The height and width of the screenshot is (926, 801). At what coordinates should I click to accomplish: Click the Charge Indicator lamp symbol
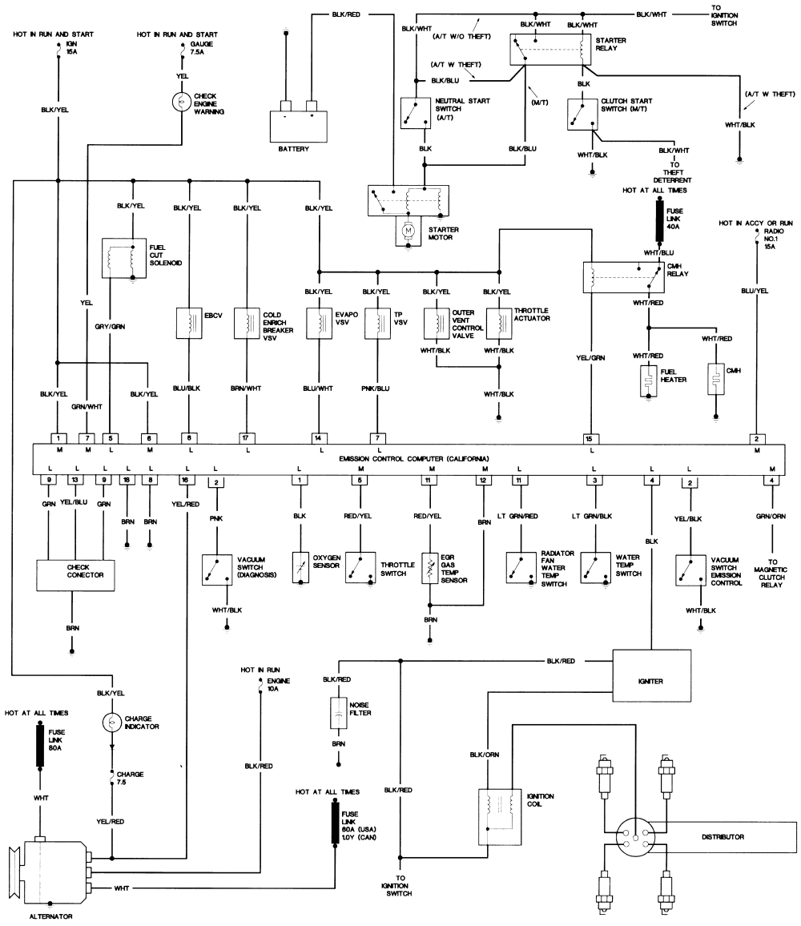click(111, 722)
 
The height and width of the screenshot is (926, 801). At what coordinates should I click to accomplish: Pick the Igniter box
click(651, 680)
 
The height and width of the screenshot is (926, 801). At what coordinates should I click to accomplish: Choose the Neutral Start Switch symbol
click(416, 114)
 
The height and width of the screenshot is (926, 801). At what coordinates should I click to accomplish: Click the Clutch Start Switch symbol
click(582, 114)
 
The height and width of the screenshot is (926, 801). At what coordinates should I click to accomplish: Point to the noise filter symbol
click(338, 711)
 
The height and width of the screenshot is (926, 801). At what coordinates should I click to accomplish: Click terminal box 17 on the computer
click(248, 437)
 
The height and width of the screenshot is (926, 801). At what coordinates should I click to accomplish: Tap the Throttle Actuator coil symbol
click(498, 321)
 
